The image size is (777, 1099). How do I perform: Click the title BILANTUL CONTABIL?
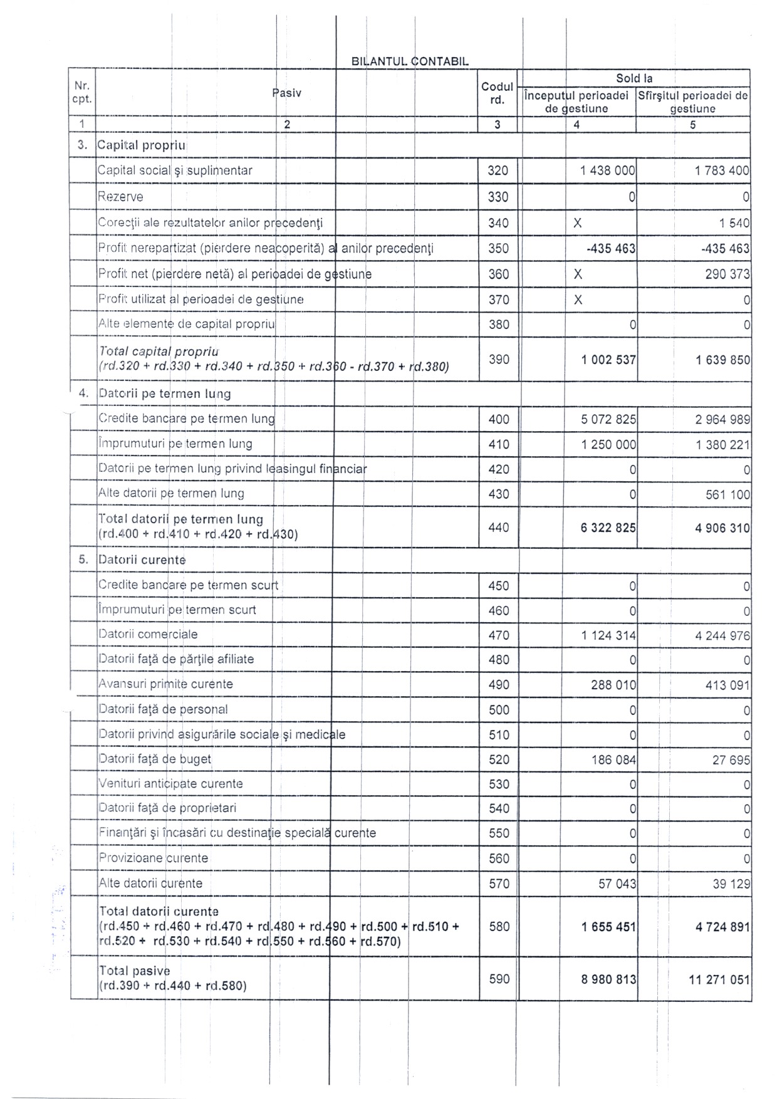pyautogui.click(x=410, y=61)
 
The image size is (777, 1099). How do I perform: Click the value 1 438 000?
pyautogui.click(x=608, y=170)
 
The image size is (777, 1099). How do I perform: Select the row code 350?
pyautogui.click(x=498, y=249)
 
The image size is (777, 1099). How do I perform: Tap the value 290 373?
pyautogui.click(x=727, y=274)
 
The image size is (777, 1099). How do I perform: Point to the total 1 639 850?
pyautogui.click(x=722, y=360)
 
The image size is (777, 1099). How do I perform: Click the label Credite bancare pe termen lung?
pyautogui.click(x=186, y=419)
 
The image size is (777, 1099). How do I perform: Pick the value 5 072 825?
pyautogui.click(x=608, y=419)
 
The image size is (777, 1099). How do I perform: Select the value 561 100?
pyautogui.click(x=727, y=494)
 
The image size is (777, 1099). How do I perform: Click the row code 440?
pyautogui.click(x=498, y=528)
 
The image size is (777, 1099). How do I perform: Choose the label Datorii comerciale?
pyautogui.click(x=148, y=634)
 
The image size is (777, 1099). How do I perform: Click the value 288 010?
pyautogui.click(x=613, y=685)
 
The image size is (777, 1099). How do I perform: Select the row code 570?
pyautogui.click(x=499, y=883)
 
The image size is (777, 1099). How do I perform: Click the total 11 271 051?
pyautogui.click(x=719, y=979)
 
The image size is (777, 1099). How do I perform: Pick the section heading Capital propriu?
pyautogui.click(x=142, y=145)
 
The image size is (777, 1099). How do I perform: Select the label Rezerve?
pyautogui.click(x=120, y=197)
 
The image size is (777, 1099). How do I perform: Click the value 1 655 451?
pyautogui.click(x=608, y=927)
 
